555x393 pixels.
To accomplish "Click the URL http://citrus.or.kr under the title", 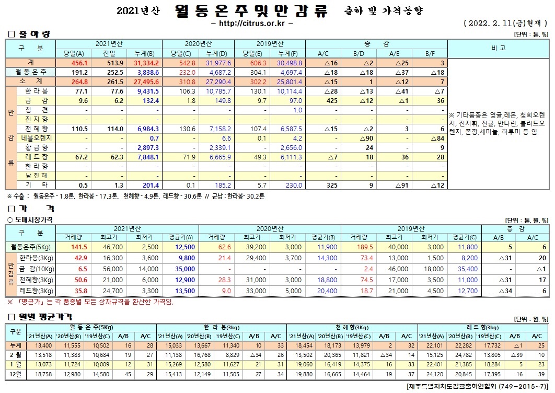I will [x=251, y=24].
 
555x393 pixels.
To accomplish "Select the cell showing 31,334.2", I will [x=146, y=62].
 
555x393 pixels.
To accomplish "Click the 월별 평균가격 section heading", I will [x=40, y=317].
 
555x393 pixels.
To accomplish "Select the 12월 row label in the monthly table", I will [x=16, y=375].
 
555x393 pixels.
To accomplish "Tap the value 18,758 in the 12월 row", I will [x=43, y=375].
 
